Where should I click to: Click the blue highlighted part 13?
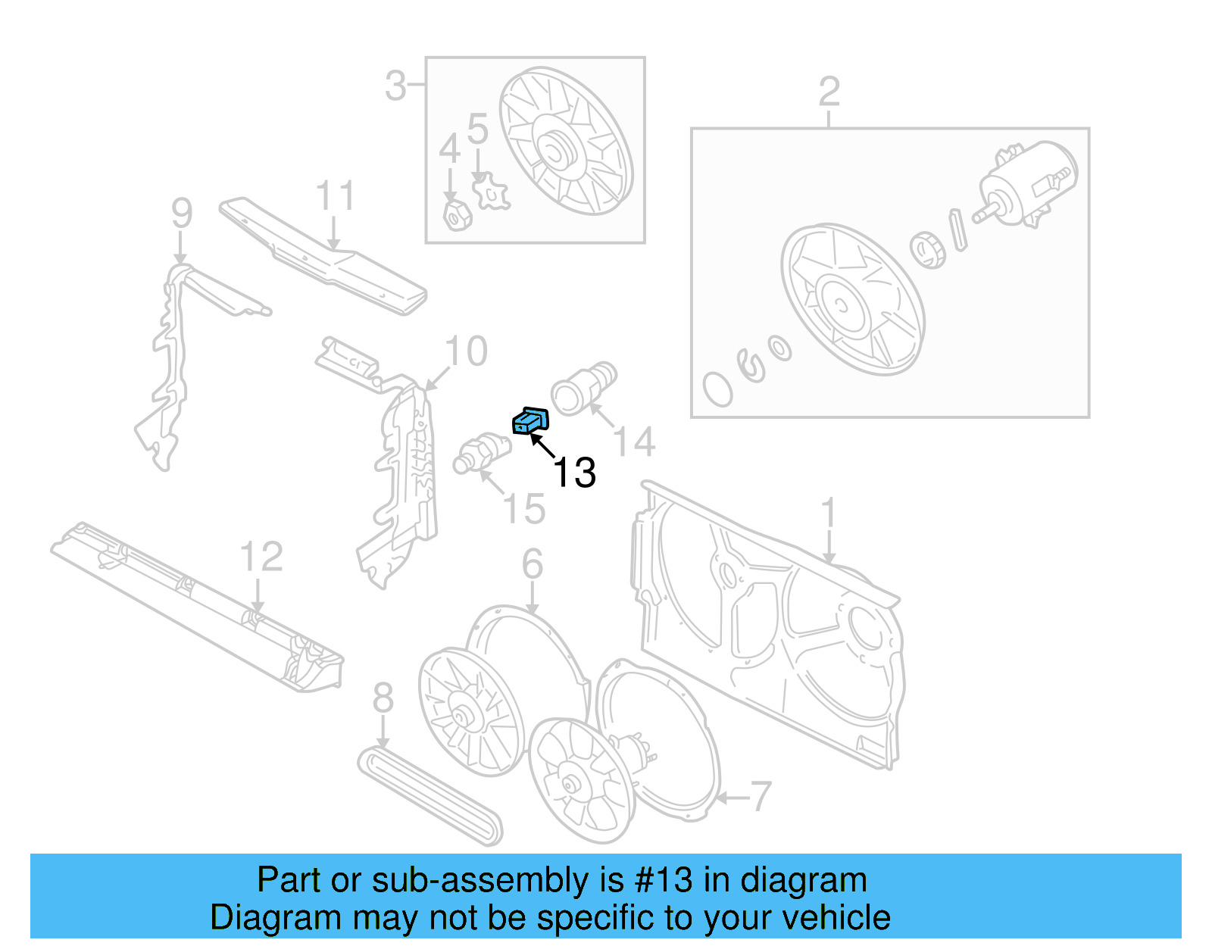click(x=530, y=421)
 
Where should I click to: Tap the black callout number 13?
click(x=574, y=473)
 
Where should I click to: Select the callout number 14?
click(x=634, y=442)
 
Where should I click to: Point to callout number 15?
click(x=524, y=508)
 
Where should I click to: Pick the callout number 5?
click(x=478, y=129)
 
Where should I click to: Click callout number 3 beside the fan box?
click(x=395, y=86)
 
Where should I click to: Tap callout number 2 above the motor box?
click(x=829, y=92)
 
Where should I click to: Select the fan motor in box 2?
click(x=1026, y=185)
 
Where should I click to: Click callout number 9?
click(x=182, y=214)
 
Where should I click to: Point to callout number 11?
click(x=336, y=195)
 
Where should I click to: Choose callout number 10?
click(x=467, y=351)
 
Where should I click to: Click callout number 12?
click(x=261, y=557)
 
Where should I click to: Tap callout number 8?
click(x=383, y=698)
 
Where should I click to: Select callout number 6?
click(x=532, y=564)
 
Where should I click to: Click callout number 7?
click(x=761, y=797)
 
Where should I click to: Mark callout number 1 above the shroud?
click(x=828, y=512)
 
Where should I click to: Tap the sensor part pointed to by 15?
click(x=482, y=453)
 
